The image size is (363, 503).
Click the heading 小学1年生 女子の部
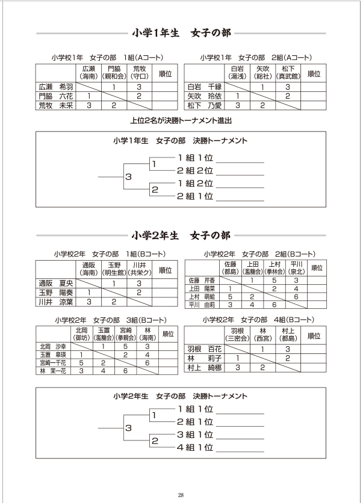click(181, 33)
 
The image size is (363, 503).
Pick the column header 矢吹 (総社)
click(262, 73)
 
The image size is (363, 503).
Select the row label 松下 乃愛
click(205, 105)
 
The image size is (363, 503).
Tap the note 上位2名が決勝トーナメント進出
click(181, 120)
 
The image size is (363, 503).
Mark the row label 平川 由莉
click(202, 305)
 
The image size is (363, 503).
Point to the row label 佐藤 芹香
click(202, 280)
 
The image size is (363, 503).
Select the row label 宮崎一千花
click(53, 363)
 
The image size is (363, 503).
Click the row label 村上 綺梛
click(205, 367)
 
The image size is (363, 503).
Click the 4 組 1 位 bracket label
click(195, 447)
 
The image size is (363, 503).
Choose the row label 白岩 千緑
click(205, 86)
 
